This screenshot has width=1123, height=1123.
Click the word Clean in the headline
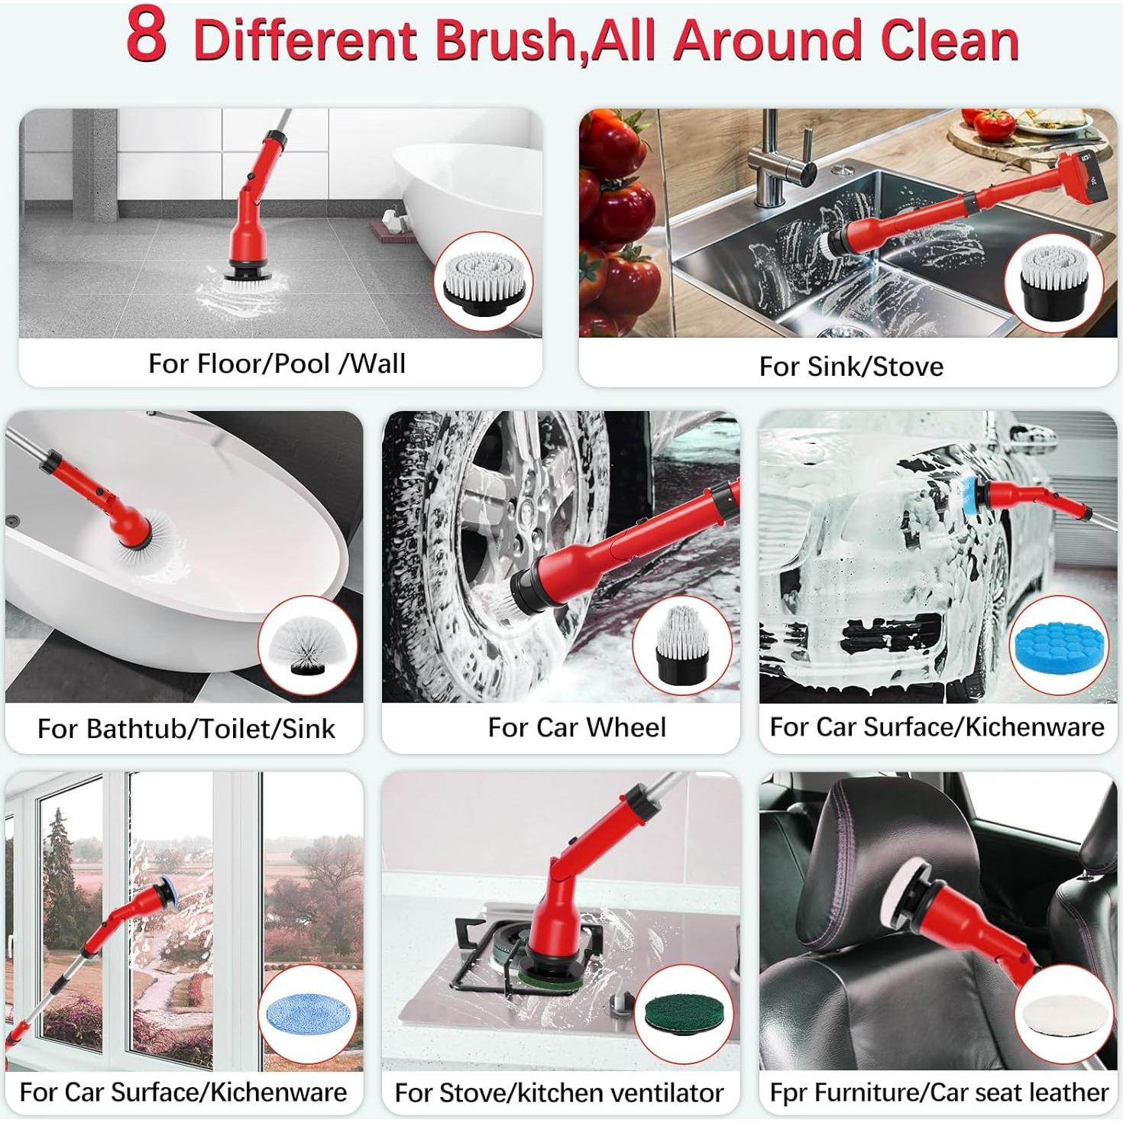pos(950,40)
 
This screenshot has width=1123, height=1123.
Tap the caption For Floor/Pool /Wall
pos(277,364)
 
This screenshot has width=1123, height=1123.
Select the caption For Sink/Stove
pos(851,367)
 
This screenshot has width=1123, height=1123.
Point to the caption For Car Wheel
pos(577,727)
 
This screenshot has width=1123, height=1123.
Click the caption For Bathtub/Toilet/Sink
pos(186,729)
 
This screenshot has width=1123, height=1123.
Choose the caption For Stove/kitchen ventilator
pos(559,1093)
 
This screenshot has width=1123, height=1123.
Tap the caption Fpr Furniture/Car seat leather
pos(939,1092)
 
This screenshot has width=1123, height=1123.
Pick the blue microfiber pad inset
pos(306,1015)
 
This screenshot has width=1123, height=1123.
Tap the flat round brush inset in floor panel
pos(483,282)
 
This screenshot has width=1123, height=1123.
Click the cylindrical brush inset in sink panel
pos(1056,283)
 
